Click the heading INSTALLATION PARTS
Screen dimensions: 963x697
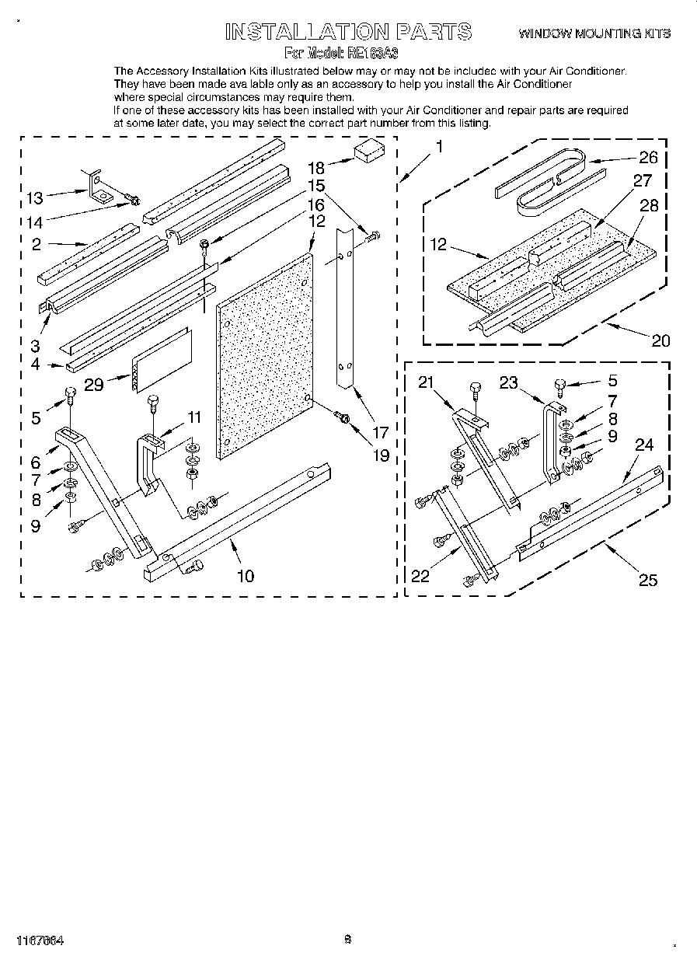[347, 32]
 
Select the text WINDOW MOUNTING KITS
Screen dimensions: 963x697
[594, 33]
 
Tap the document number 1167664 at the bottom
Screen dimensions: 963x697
[40, 940]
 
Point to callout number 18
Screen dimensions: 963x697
[315, 167]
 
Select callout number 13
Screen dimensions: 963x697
[36, 198]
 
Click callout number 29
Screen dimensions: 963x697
[94, 384]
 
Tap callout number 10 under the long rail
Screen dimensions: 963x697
[245, 575]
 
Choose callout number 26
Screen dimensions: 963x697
[647, 158]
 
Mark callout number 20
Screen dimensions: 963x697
[660, 340]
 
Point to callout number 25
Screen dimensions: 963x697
[647, 579]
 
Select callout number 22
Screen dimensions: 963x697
[420, 575]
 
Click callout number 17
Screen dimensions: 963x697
[380, 432]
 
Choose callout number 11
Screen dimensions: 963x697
[193, 417]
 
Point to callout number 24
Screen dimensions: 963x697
[643, 445]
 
